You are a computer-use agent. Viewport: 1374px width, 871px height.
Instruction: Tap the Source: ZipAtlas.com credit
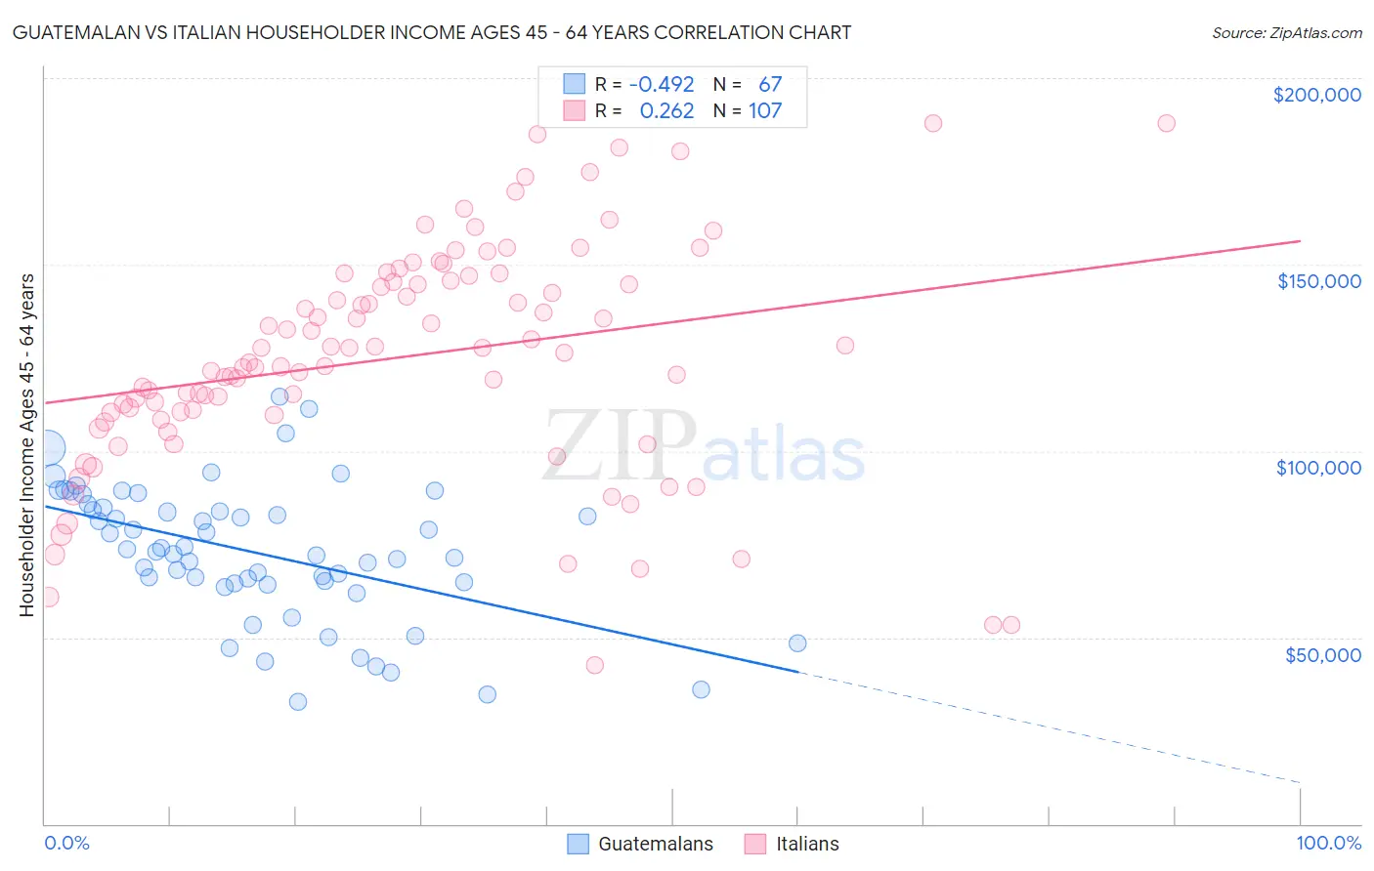pyautogui.click(x=1286, y=32)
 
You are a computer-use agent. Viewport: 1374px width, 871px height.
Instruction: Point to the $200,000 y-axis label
pyautogui.click(x=1316, y=95)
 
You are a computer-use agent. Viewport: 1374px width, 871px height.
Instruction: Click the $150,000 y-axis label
pyautogui.click(x=1318, y=281)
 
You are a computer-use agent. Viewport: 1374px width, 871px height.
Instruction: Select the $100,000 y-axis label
pyautogui.click(x=1318, y=468)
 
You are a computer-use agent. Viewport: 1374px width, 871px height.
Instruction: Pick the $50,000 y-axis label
pyautogui.click(x=1322, y=655)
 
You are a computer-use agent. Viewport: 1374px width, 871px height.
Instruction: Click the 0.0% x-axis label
pyautogui.click(x=66, y=843)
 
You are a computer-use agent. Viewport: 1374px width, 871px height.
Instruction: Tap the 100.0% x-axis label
pyautogui.click(x=1328, y=843)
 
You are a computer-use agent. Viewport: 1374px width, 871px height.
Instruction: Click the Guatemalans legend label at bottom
pyautogui.click(x=655, y=844)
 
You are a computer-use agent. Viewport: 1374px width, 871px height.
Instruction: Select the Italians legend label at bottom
pyautogui.click(x=807, y=844)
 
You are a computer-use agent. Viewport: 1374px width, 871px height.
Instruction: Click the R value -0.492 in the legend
pyautogui.click(x=662, y=85)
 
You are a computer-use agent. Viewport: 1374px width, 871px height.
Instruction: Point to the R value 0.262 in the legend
pyautogui.click(x=666, y=111)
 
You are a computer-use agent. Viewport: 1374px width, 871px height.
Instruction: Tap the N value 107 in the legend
pyautogui.click(x=765, y=111)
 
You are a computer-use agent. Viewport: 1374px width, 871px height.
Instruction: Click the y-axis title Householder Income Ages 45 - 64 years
pyautogui.click(x=26, y=445)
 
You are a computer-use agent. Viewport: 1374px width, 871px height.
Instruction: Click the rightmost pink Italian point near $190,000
pyautogui.click(x=1166, y=123)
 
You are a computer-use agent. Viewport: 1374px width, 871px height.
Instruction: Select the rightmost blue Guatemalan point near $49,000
pyautogui.click(x=797, y=643)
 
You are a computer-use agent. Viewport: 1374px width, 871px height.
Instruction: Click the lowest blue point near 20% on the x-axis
pyautogui.click(x=298, y=701)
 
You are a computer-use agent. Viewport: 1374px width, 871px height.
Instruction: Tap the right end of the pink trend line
pyautogui.click(x=1300, y=240)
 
